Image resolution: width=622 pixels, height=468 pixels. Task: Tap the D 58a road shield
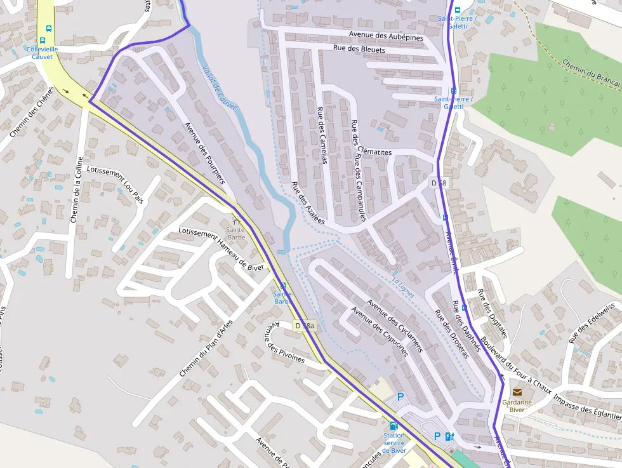[305, 326]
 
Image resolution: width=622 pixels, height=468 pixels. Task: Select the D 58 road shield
[439, 183]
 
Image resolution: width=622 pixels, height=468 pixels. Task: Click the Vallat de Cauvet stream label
[220, 87]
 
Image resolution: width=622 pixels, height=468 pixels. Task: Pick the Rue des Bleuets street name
[359, 49]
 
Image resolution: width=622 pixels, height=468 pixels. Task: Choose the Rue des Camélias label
[321, 135]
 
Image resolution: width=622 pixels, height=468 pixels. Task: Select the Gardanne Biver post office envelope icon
[517, 392]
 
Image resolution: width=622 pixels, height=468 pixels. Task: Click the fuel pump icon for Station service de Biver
[394, 425]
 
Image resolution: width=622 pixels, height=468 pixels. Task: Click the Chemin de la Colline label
[77, 190]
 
